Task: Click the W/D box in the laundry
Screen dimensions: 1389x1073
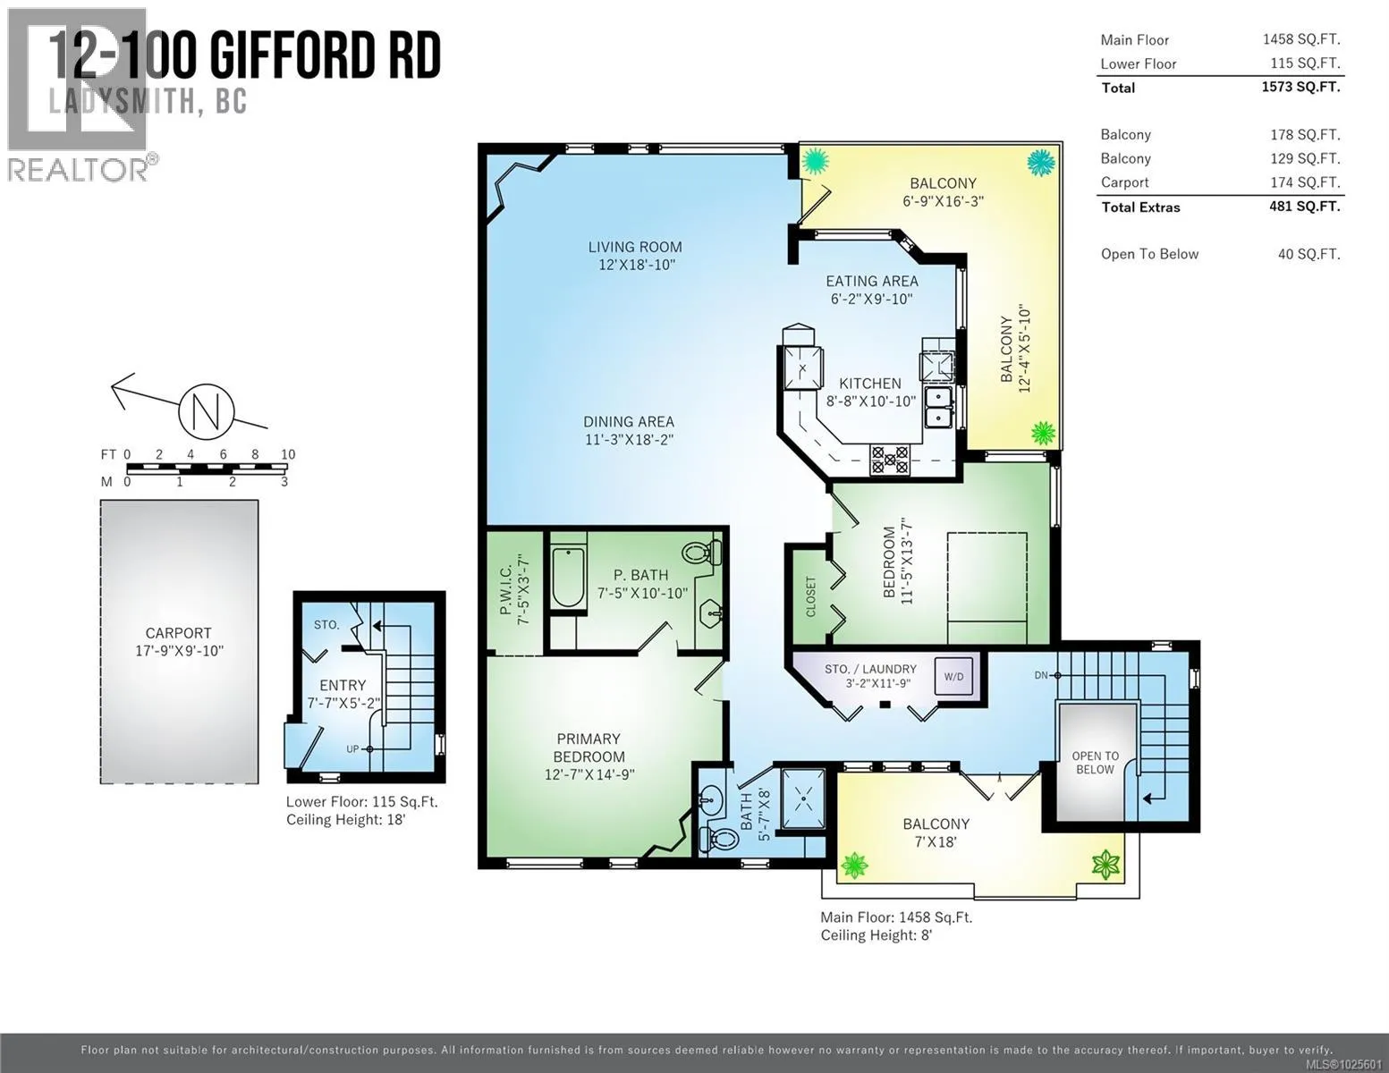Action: click(x=953, y=676)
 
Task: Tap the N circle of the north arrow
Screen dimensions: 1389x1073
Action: click(x=206, y=411)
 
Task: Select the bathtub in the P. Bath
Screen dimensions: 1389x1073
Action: click(x=568, y=577)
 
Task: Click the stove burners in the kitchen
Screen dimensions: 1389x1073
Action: click(x=889, y=460)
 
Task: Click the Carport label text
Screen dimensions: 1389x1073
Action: click(x=178, y=633)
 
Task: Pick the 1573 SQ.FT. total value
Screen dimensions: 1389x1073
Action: click(x=1300, y=87)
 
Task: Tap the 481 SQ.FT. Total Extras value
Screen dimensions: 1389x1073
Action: click(x=1304, y=207)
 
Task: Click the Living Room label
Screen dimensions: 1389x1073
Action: click(x=635, y=247)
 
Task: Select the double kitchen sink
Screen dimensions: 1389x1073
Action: click(x=937, y=407)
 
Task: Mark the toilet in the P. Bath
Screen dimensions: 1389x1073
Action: click(x=701, y=552)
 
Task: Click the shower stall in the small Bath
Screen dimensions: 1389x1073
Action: click(x=803, y=798)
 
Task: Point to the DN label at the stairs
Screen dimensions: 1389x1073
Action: click(x=1040, y=675)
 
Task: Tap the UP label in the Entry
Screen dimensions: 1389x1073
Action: click(x=352, y=749)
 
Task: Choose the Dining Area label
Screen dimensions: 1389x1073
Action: click(x=629, y=422)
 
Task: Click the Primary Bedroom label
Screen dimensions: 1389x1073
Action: click(x=589, y=748)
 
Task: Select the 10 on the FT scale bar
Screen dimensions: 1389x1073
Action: click(x=288, y=454)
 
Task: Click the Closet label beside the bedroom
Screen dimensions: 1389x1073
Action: click(x=810, y=597)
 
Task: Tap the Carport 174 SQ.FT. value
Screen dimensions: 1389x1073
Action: click(x=1305, y=182)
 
